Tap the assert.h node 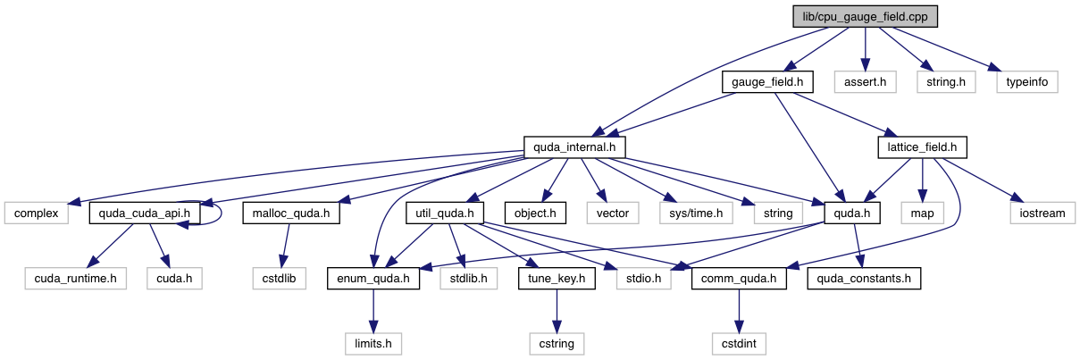(x=865, y=82)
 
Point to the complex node (x=38, y=213)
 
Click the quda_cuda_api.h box (x=144, y=213)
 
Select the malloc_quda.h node (x=289, y=213)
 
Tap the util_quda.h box (x=445, y=213)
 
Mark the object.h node (x=536, y=213)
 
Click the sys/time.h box (x=696, y=213)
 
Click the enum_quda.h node (x=373, y=279)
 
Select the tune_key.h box (x=557, y=279)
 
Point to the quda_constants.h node (x=863, y=279)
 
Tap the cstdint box (x=738, y=343)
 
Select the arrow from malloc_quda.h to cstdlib (x=288, y=246)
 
